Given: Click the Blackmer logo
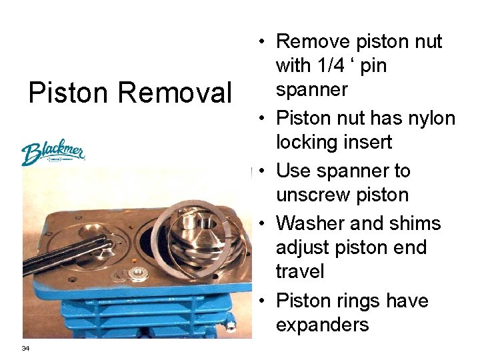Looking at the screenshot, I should [x=53, y=153].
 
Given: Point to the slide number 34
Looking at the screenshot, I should [x=25, y=348].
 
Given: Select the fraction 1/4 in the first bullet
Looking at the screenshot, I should [x=339, y=66].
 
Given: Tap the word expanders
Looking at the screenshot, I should [x=322, y=325].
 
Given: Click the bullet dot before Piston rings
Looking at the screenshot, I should [x=263, y=301].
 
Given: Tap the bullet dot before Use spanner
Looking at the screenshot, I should [x=263, y=171].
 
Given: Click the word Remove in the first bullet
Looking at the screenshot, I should [x=315, y=41].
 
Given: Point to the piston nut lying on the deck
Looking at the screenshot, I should [x=139, y=273].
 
